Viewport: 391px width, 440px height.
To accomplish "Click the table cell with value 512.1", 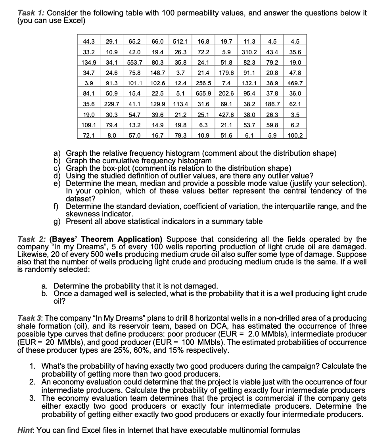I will tap(180, 41).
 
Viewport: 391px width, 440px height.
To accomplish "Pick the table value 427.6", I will tap(227, 115).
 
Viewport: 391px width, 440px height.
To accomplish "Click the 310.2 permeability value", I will tap(249, 52).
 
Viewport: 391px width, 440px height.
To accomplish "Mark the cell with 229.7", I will tap(112, 104).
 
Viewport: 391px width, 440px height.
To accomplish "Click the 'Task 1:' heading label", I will tap(32, 13).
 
